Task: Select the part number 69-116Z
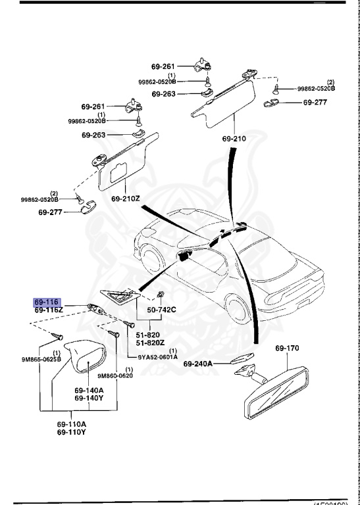pyautogui.click(x=49, y=309)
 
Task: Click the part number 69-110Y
pyautogui.click(x=71, y=432)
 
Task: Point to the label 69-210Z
pyautogui.click(x=126, y=198)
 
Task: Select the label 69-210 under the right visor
pyautogui.click(x=234, y=139)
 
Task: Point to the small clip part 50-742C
pyautogui.click(x=160, y=294)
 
